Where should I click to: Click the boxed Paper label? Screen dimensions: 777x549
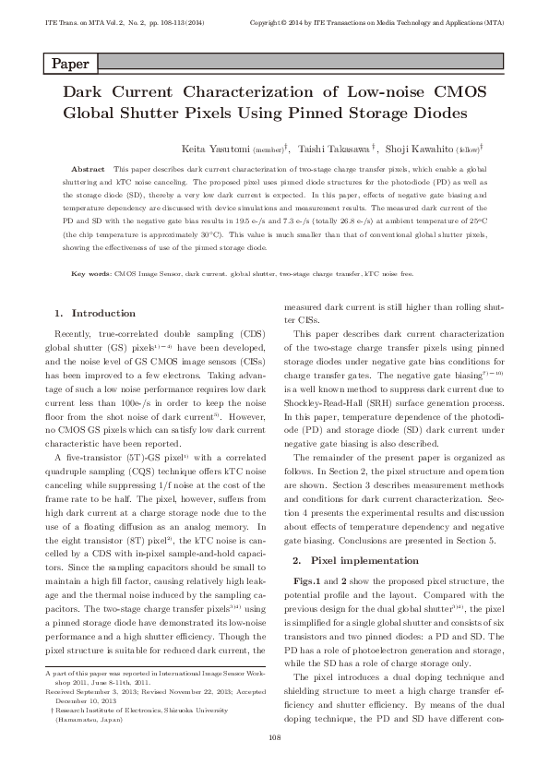(x=69, y=65)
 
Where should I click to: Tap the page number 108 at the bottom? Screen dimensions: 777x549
(x=274, y=736)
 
